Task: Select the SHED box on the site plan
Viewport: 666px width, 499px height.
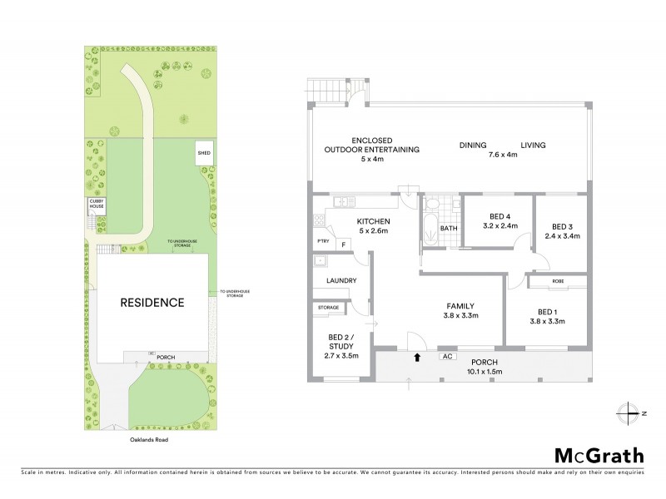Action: [204, 154]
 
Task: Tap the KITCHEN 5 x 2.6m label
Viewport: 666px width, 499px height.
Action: [374, 226]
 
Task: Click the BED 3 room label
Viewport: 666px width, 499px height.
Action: [559, 231]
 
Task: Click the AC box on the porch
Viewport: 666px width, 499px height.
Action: [446, 357]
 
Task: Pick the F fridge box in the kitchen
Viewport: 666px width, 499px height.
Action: [343, 245]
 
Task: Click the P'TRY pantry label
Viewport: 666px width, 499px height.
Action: [322, 242]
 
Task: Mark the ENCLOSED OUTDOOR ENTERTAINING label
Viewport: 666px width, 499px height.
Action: [373, 150]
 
